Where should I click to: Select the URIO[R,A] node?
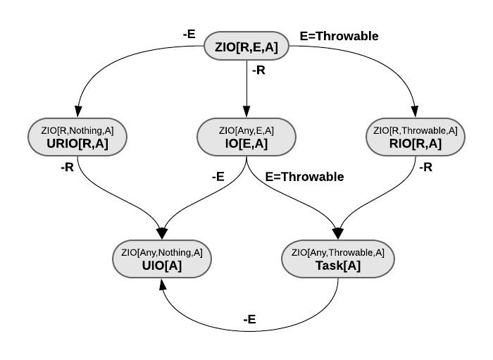click(x=77, y=137)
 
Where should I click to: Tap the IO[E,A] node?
click(x=246, y=137)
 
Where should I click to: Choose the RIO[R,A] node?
click(x=416, y=137)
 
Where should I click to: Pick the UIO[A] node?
click(x=162, y=259)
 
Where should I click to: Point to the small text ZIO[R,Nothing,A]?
click(x=77, y=130)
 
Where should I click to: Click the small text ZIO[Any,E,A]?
click(x=246, y=130)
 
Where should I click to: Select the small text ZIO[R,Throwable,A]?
click(x=416, y=130)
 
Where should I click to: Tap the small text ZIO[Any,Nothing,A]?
click(x=162, y=252)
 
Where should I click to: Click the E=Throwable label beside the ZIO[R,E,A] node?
click(x=339, y=35)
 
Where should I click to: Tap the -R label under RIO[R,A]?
click(x=425, y=168)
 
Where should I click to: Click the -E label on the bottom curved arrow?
click(x=249, y=319)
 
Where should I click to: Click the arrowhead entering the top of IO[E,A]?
click(x=246, y=113)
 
